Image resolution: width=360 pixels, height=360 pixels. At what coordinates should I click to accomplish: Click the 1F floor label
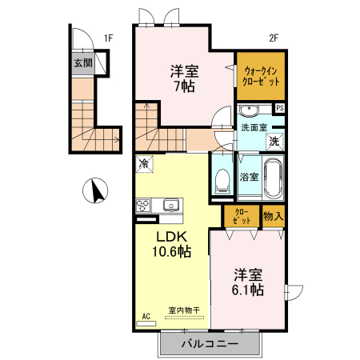(x=109, y=37)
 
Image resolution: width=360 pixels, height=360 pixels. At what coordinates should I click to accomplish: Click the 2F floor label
(x=273, y=37)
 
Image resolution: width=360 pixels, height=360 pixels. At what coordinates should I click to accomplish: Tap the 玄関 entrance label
(x=82, y=62)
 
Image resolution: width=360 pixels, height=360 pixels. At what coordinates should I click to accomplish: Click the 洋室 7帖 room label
(x=184, y=78)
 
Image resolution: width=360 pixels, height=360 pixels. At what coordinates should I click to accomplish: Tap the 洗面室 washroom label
(x=254, y=127)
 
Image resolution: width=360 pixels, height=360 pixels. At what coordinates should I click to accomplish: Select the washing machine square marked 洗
(x=274, y=142)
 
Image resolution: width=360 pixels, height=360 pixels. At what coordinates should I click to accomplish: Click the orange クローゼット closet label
(x=241, y=216)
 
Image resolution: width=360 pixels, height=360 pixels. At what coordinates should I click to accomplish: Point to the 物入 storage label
(x=273, y=216)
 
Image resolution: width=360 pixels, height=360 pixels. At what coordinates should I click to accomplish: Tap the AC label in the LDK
(x=146, y=316)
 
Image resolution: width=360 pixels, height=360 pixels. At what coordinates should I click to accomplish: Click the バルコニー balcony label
(x=209, y=344)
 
